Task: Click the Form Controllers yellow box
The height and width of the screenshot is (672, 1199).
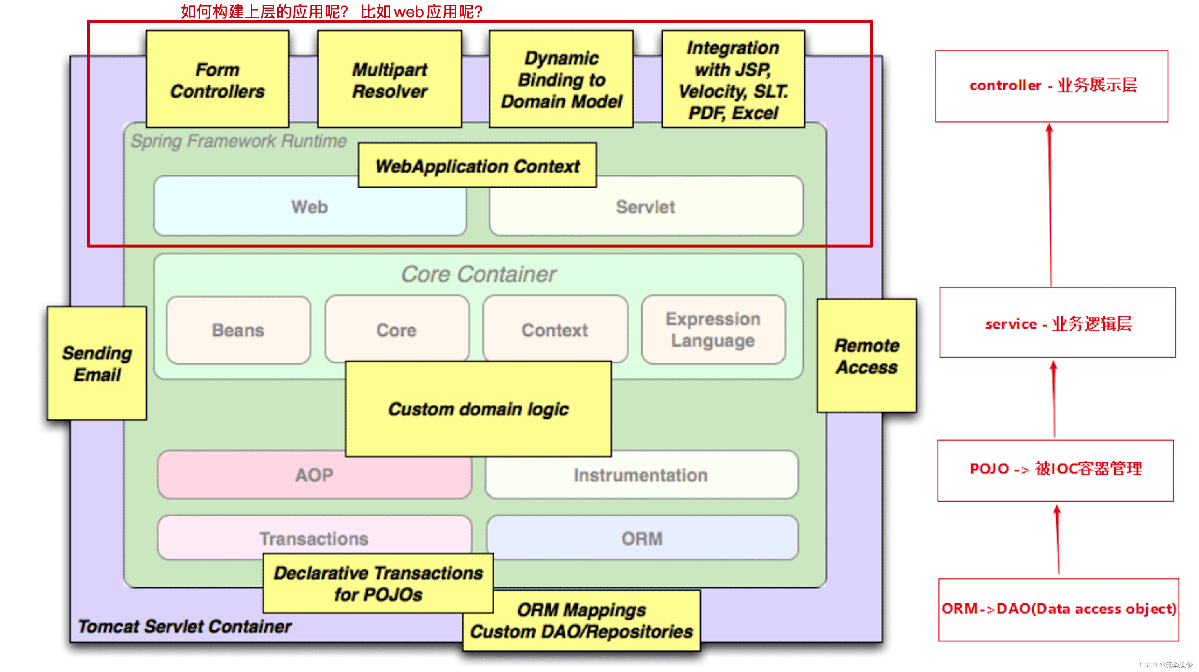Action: (x=217, y=79)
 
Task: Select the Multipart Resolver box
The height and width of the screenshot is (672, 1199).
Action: (x=389, y=79)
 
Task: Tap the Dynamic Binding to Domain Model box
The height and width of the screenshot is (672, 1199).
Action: (x=561, y=79)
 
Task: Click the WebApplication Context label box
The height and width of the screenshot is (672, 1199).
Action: (x=477, y=166)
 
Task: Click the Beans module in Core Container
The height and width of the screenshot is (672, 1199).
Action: (x=238, y=330)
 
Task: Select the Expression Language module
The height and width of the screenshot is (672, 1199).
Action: (x=713, y=330)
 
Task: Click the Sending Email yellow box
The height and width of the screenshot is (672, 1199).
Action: (x=97, y=364)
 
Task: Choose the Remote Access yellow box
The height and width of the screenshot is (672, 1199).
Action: (x=867, y=356)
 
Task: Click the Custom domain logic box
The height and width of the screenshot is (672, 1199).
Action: (x=478, y=409)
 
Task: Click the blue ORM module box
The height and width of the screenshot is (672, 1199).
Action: (x=642, y=538)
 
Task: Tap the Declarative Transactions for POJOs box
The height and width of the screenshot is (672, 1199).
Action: (x=378, y=583)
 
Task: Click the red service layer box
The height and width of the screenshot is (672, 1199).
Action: (x=1058, y=323)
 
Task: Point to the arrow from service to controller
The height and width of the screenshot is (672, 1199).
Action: (x=1050, y=205)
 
